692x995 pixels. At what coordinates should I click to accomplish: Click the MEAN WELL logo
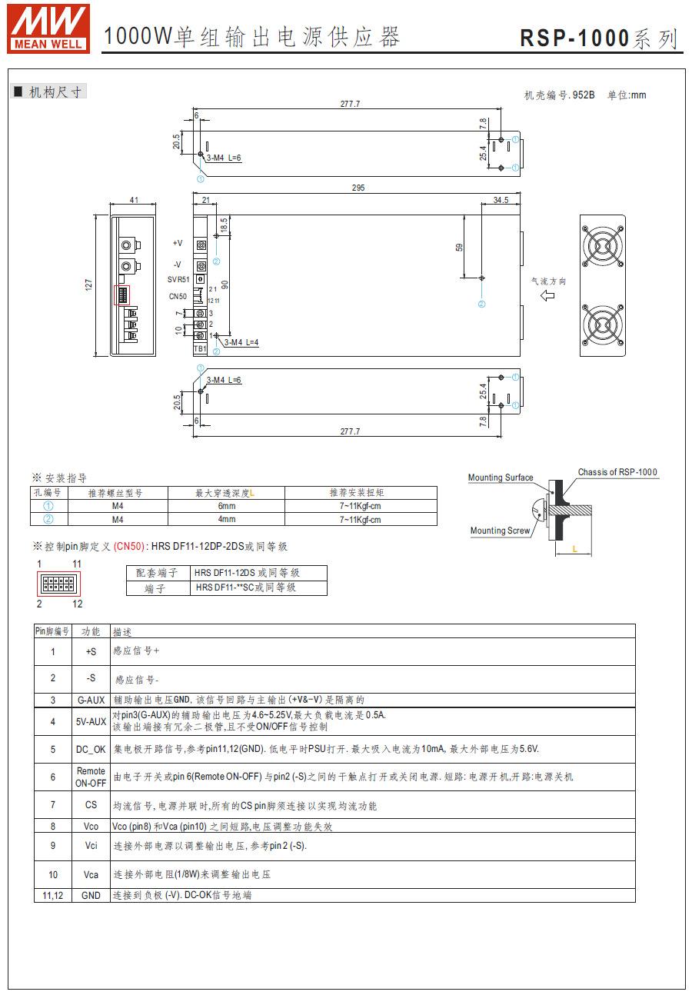click(48, 27)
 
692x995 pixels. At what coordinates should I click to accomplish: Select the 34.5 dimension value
click(501, 200)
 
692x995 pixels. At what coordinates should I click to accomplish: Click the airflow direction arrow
click(547, 296)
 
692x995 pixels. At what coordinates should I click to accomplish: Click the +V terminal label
click(178, 243)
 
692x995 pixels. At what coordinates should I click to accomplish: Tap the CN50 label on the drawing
click(178, 296)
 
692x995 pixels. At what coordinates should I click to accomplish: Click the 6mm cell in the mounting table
click(227, 507)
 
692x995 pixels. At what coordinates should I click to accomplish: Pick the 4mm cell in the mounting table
click(227, 520)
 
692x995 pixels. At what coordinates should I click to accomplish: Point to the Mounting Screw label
click(500, 531)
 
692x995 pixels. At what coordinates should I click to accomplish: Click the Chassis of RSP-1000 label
click(617, 472)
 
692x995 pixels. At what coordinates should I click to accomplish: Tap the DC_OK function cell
click(91, 749)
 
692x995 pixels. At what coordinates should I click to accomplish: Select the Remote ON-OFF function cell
click(91, 777)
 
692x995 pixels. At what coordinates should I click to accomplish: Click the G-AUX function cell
click(91, 700)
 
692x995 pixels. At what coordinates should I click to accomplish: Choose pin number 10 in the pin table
click(53, 874)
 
